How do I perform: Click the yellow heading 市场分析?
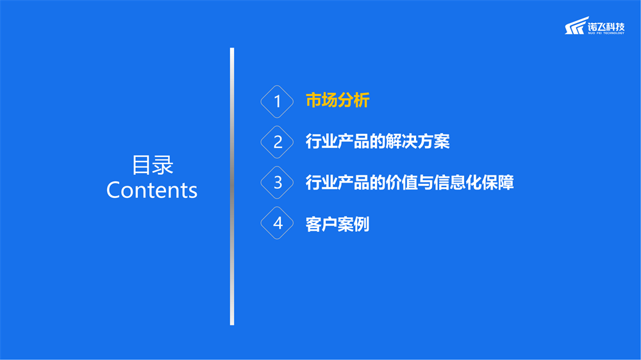(338, 101)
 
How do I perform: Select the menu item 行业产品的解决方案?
(378, 142)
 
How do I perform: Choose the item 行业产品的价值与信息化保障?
(410, 183)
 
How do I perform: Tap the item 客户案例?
(338, 224)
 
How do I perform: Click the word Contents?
(152, 190)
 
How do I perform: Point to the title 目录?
(153, 165)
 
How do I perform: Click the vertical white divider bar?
(232, 186)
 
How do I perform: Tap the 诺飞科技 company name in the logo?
(606, 27)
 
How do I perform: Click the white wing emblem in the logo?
(576, 26)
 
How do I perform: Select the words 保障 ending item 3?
(498, 183)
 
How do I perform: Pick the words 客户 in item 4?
(321, 224)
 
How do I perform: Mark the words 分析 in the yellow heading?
(354, 101)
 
